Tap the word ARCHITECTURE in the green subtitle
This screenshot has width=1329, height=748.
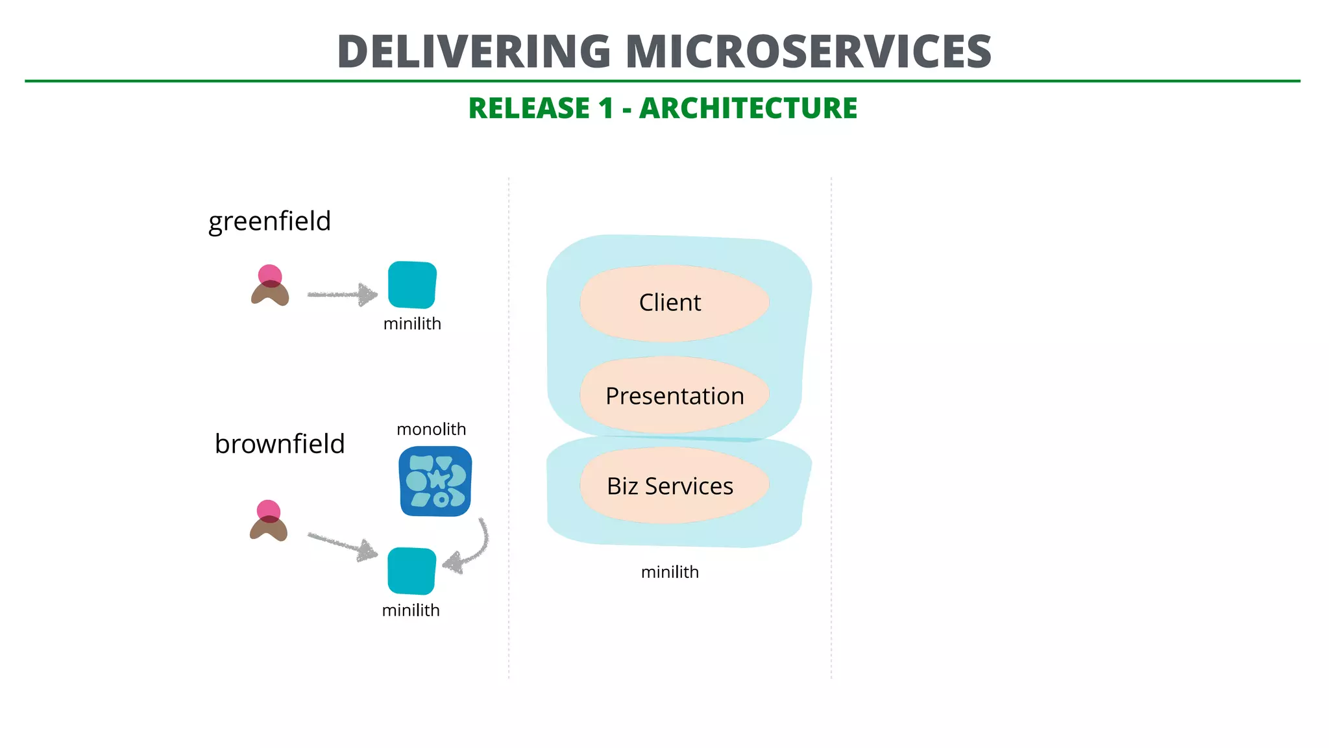click(748, 108)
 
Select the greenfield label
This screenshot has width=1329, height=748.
click(269, 221)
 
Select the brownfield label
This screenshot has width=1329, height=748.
click(280, 444)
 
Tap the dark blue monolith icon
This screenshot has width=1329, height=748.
click(435, 481)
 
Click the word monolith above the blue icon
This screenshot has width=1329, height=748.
click(431, 429)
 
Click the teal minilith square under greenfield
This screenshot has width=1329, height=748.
click(412, 285)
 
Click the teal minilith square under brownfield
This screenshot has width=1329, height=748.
click(411, 571)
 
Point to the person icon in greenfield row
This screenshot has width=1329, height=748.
click(270, 286)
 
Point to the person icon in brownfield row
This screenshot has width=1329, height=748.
click(268, 521)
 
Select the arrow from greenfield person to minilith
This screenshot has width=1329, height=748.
click(342, 295)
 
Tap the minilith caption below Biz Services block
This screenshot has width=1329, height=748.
click(670, 572)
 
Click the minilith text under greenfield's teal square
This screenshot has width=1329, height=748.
click(412, 323)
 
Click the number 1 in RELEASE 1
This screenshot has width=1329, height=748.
click(606, 108)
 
